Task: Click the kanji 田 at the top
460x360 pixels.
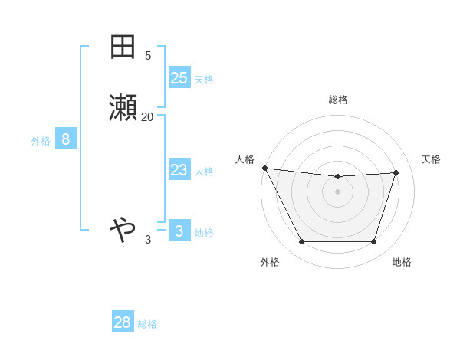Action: pyautogui.click(x=123, y=47)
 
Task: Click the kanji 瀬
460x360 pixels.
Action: pyautogui.click(x=123, y=109)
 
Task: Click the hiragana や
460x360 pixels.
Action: pyautogui.click(x=123, y=227)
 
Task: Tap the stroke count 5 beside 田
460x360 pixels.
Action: pyautogui.click(x=148, y=55)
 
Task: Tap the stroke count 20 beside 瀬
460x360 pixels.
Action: pyautogui.click(x=148, y=116)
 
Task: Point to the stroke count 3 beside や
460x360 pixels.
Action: pyautogui.click(x=148, y=240)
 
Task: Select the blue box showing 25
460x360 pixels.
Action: pyautogui.click(x=179, y=78)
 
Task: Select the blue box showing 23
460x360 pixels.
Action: pyautogui.click(x=179, y=170)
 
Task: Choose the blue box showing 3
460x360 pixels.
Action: pyautogui.click(x=179, y=231)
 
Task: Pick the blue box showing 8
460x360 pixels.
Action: pyautogui.click(x=66, y=139)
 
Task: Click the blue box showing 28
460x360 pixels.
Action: pyautogui.click(x=123, y=322)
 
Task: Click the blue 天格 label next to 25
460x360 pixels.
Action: pyautogui.click(x=204, y=79)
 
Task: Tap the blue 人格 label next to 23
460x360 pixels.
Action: pyautogui.click(x=204, y=172)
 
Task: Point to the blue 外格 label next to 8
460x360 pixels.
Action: pyautogui.click(x=41, y=141)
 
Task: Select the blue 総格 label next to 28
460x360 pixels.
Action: pyautogui.click(x=147, y=324)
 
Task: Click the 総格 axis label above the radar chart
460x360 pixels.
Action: pyautogui.click(x=338, y=100)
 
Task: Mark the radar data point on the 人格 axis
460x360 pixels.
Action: pyautogui.click(x=264, y=168)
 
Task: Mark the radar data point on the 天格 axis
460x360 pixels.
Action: pyautogui.click(x=396, y=172)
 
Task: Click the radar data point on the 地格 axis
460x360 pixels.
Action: pyautogui.click(x=374, y=242)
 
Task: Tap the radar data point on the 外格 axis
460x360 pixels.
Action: pyautogui.click(x=301, y=242)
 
